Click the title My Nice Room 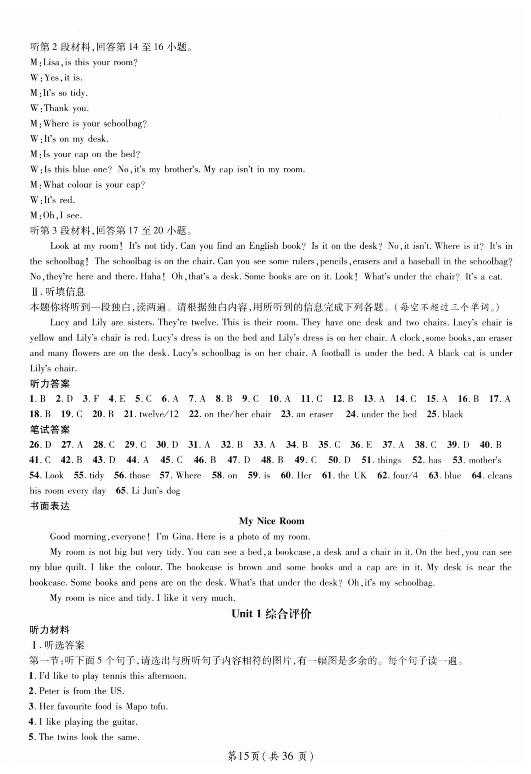pyautogui.click(x=271, y=521)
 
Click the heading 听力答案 pyautogui.click(x=50, y=384)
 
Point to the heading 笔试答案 pyautogui.click(x=50, y=430)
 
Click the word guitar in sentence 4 pyautogui.click(x=124, y=722)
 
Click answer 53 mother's pyautogui.click(x=484, y=460)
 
